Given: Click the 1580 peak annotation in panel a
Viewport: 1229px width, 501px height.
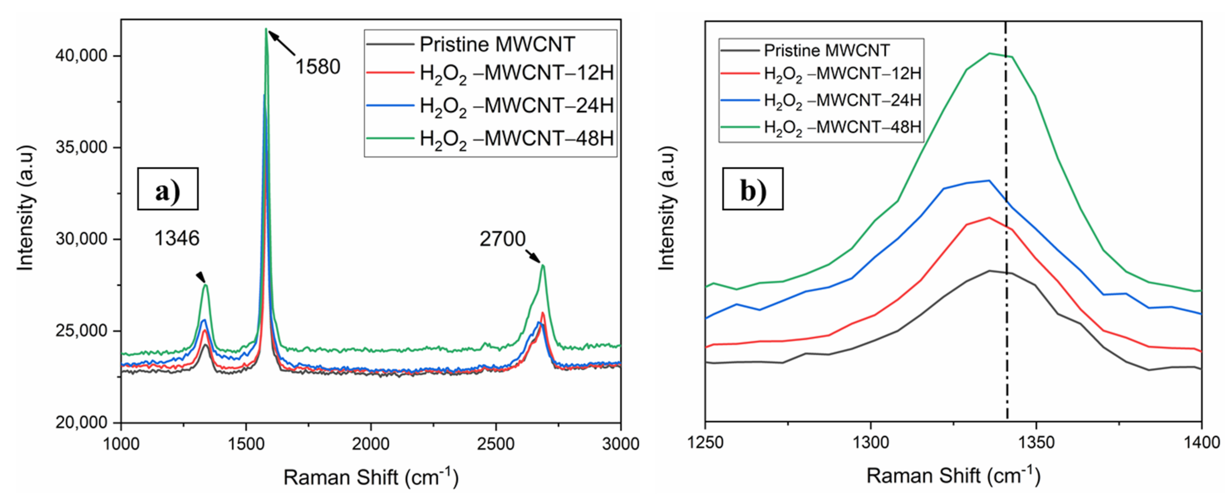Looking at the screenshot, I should click(318, 67).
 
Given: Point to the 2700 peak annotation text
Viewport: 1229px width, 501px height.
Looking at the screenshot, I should click(502, 239).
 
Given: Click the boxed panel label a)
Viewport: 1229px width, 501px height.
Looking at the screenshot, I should click(168, 189).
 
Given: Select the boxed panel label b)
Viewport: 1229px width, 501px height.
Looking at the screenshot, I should click(752, 189).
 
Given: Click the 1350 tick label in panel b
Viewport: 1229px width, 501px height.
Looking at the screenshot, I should click(1036, 443).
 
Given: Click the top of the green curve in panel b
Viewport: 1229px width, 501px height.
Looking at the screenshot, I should click(989, 53).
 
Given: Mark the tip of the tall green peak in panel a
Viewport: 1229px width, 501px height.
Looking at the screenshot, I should click(266, 29).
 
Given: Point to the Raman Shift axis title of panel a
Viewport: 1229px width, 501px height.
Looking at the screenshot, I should click(371, 477).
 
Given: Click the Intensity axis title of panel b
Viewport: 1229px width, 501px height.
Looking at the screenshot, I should click(666, 209).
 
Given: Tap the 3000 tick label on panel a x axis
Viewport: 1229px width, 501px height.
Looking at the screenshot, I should click(620, 444).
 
